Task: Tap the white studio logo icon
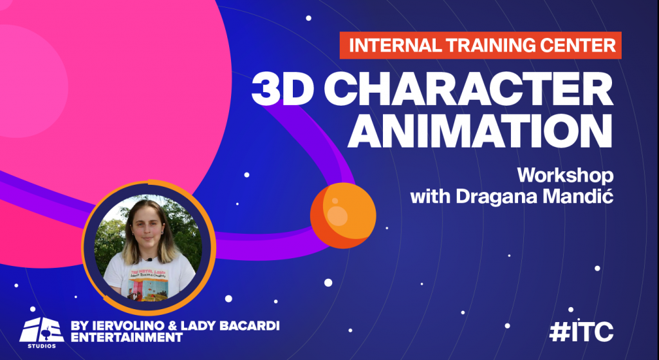point(41,328)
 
